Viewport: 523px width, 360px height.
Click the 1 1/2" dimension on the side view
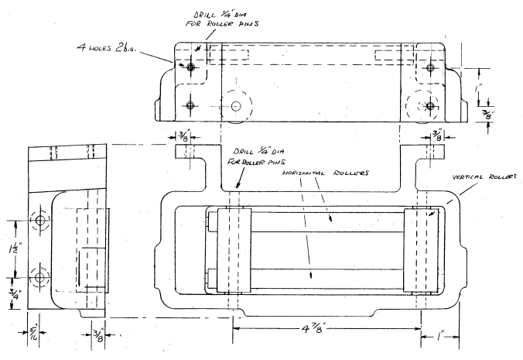(x=13, y=251)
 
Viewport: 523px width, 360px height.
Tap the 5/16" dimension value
(x=31, y=336)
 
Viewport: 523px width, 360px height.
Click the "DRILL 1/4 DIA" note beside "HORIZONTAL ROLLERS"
(x=256, y=156)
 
